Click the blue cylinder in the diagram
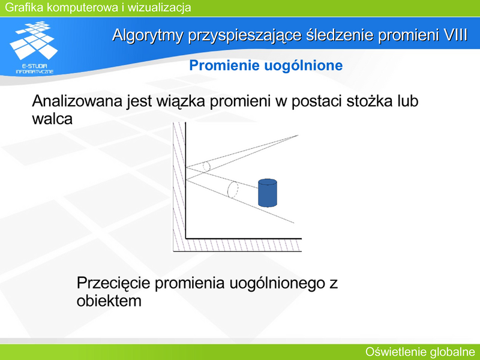[268, 193]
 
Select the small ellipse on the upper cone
[207, 167]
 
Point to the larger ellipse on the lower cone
[233, 190]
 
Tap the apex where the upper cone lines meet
[298, 136]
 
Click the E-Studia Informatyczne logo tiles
[34, 40]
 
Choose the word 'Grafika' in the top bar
[25, 7]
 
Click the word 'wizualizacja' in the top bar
[160, 7]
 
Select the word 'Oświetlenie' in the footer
[395, 352]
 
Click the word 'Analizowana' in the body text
[78, 101]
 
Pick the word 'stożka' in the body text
[369, 101]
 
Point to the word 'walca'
[52, 119]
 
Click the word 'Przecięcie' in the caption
[113, 283]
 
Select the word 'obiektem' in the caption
[109, 301]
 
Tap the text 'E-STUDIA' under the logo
[35, 66]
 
